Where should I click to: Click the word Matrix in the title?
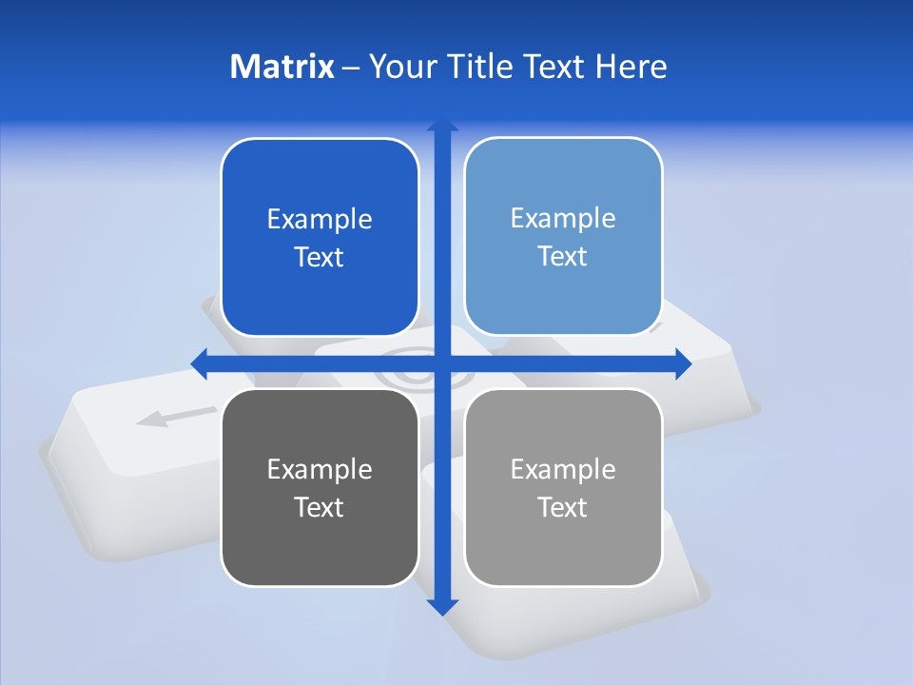click(x=282, y=67)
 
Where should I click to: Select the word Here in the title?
click(x=631, y=67)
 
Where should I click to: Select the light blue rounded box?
click(x=563, y=295)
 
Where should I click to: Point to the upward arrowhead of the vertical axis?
click(x=442, y=126)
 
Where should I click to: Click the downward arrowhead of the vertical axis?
click(x=442, y=606)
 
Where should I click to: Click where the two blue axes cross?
click(x=442, y=363)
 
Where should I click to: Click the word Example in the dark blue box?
click(x=320, y=220)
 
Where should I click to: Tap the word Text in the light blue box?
click(x=563, y=257)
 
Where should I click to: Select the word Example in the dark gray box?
click(x=320, y=469)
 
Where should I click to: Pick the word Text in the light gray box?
click(x=563, y=507)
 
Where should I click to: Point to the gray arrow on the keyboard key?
click(x=175, y=416)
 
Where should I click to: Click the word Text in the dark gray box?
click(x=320, y=507)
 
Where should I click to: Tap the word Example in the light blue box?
click(x=563, y=219)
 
